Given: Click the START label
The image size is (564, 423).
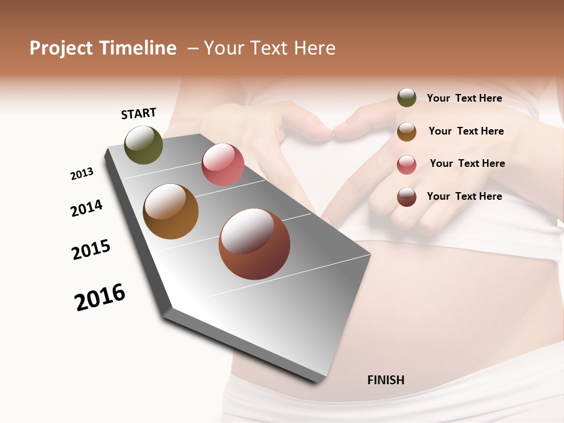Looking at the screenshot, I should click(x=139, y=113).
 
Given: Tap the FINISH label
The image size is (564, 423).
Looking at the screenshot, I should click(x=385, y=380).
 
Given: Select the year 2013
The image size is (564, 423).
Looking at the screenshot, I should click(x=82, y=174).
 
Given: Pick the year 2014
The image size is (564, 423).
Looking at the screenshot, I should click(x=86, y=208).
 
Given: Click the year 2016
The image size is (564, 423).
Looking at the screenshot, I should click(x=100, y=297).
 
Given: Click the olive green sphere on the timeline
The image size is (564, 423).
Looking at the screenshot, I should click(x=144, y=145).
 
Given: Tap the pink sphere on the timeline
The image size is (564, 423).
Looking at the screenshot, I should click(x=223, y=164).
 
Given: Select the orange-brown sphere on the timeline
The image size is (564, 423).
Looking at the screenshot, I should click(x=171, y=211).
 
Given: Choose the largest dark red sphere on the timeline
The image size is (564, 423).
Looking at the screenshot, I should click(x=254, y=244).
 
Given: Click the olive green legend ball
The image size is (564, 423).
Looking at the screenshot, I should click(x=407, y=98).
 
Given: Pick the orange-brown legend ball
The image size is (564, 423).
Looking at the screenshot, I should click(x=407, y=132).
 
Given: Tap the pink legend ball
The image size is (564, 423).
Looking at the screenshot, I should click(x=407, y=164).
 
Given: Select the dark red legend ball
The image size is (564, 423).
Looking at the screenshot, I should click(x=407, y=197).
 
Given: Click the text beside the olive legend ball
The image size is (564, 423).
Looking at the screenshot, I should click(x=464, y=98).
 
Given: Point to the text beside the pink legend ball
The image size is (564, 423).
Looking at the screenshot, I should click(x=467, y=163).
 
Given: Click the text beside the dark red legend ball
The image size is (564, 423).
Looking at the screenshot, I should click(x=464, y=196).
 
